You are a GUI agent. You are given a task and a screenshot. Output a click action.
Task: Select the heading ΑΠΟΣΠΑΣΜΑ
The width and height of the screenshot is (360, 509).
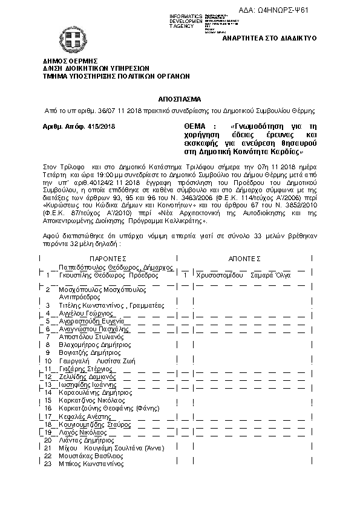(x=180, y=98)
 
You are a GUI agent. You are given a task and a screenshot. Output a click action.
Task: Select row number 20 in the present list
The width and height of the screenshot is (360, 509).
(x=48, y=440)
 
